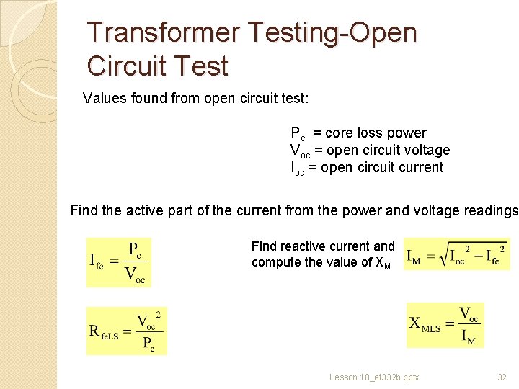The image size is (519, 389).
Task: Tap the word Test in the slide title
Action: coord(201,66)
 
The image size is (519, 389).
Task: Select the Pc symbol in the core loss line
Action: coord(298,133)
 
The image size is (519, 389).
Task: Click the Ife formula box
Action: coord(119,261)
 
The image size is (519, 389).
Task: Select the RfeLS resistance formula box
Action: coord(127,331)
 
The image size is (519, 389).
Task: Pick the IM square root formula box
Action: coord(457,254)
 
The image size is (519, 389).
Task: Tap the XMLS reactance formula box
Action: coord(445,325)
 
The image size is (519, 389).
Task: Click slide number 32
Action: coord(502,377)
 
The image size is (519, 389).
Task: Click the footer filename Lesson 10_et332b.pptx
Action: coord(374,377)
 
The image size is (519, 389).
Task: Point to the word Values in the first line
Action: coord(105,98)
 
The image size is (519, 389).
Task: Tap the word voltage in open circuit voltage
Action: coord(425,151)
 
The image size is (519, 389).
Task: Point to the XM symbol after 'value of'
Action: coord(383,263)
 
